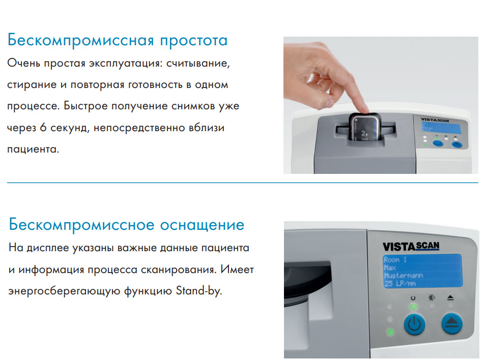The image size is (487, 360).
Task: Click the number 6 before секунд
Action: pyautogui.click(x=43, y=128)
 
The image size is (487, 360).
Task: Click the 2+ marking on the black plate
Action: pyautogui.click(x=363, y=131)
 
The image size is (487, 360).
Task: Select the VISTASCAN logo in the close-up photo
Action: pyautogui.click(x=411, y=246)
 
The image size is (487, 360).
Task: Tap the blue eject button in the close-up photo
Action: pyautogui.click(x=451, y=323)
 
